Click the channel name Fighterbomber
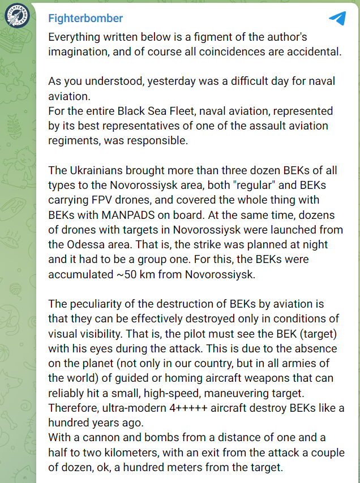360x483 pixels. tap(85, 18)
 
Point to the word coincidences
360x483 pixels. tap(236, 52)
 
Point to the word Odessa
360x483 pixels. tap(91, 244)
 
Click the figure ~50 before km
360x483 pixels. tap(124, 273)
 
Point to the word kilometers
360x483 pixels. tap(145, 452)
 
